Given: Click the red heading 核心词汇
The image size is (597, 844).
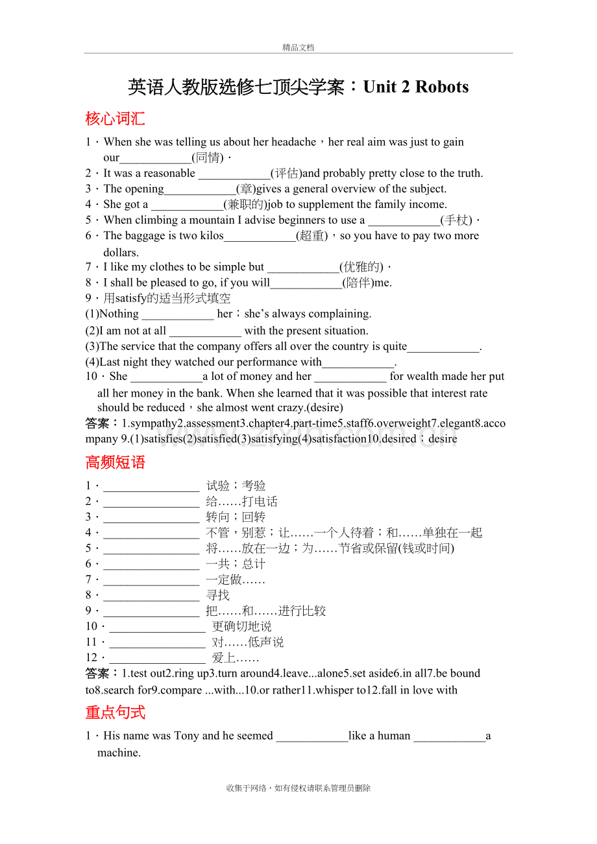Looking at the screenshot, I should click(115, 119).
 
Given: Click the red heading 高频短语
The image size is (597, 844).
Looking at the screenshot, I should click(115, 462).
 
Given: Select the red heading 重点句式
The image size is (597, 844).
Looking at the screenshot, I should click(115, 712).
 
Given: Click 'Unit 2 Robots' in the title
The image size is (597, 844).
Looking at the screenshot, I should click(415, 87).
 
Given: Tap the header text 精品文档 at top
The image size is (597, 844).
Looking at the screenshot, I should click(298, 47).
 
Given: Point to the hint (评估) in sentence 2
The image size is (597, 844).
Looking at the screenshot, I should click(286, 173).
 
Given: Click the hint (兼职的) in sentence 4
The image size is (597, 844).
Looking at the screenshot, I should click(246, 204).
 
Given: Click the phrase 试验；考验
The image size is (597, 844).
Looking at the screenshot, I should click(236, 486).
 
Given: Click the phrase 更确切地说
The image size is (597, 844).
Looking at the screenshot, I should click(241, 626).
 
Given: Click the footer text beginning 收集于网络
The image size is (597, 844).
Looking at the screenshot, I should click(298, 788).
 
